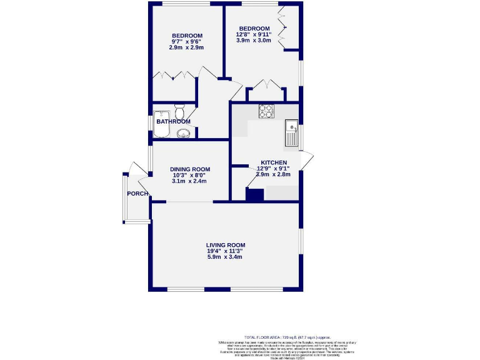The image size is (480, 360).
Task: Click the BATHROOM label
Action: point(173,121)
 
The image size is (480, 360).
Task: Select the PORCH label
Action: point(137,194)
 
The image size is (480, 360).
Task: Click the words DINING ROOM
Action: point(190,169)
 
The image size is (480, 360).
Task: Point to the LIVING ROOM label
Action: point(226,245)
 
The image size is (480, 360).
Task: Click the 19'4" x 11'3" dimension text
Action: point(224,251)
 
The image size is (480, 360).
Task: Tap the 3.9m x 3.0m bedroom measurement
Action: point(253,41)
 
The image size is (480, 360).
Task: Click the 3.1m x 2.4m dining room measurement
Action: point(190,181)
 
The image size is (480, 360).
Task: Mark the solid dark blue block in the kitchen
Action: point(254,194)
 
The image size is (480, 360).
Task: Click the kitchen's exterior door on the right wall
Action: point(306,159)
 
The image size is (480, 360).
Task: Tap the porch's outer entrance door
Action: point(131,170)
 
